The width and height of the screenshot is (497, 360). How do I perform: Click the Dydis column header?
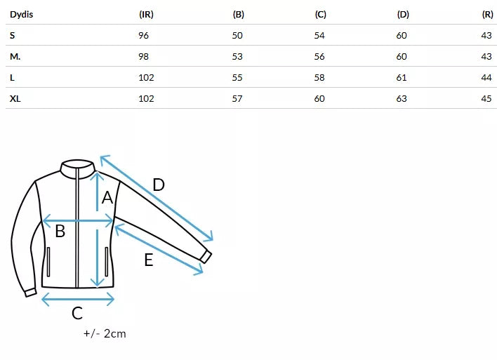[21, 15]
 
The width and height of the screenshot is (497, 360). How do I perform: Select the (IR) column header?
[146, 15]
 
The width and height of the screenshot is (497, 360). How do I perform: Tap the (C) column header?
[320, 15]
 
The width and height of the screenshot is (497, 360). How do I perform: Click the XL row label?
[15, 99]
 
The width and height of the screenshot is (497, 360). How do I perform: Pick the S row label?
[13, 36]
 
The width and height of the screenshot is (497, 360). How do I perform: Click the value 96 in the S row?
[144, 36]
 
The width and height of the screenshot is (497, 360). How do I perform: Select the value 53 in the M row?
[237, 57]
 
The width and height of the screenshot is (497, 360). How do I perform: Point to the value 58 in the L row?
[319, 78]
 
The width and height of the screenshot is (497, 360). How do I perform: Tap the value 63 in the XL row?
[402, 99]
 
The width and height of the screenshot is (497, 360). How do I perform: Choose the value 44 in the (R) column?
[486, 78]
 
